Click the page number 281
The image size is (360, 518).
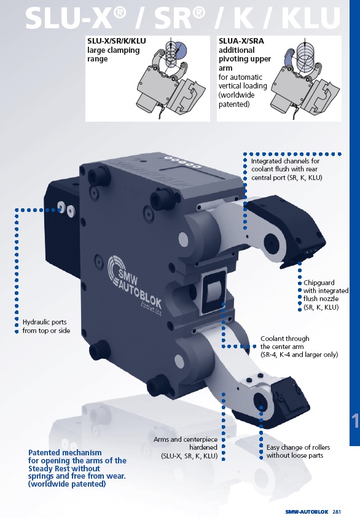pos(337,512)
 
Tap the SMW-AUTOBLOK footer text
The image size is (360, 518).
pos(307,512)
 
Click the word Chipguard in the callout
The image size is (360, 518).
pos(319,283)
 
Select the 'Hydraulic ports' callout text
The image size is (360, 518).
pos(45,322)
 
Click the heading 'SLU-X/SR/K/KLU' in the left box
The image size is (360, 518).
pos(117,41)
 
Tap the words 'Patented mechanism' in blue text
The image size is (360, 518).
pos(65,453)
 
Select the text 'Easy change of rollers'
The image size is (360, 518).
pos(298,447)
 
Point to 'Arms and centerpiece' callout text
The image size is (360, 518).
pos(186,439)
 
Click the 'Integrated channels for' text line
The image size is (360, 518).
pos(285,161)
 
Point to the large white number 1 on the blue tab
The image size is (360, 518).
pos(354,420)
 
